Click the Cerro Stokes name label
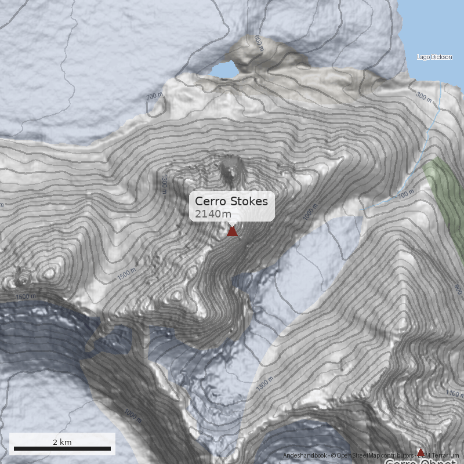click(231, 201)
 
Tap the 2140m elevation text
click(213, 214)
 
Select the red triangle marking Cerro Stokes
click(232, 231)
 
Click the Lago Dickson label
click(434, 57)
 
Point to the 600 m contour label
click(258, 44)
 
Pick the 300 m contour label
click(424, 97)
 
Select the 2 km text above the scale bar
click(62, 442)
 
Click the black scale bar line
click(62, 448)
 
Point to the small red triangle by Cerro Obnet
click(420, 451)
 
